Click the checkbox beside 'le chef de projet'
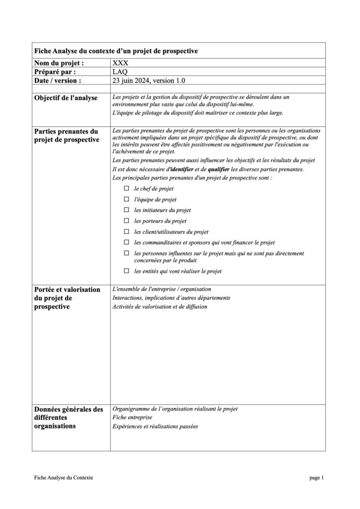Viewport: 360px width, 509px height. tap(126, 189)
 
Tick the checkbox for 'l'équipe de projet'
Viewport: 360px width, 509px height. tap(126, 199)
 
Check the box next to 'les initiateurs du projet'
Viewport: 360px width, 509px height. tap(126, 210)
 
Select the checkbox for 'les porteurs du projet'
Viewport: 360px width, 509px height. tap(126, 221)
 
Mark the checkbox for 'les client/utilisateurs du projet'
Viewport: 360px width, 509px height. tap(126, 232)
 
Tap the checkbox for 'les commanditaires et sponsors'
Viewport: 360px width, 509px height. tap(126, 242)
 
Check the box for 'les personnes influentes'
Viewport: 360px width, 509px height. tap(126, 253)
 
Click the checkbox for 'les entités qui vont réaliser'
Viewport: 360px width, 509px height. tap(126, 271)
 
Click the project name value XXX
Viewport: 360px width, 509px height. tap(120, 64)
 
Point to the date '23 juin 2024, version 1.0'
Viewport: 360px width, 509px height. tap(150, 80)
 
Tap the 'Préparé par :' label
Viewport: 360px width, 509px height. tap(55, 72)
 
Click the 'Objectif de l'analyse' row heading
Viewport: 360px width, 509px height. tap(66, 97)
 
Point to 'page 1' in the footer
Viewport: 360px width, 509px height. tap(316, 478)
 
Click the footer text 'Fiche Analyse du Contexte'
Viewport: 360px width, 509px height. tap(64, 478)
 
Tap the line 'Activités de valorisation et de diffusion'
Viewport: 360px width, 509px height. tap(160, 307)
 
